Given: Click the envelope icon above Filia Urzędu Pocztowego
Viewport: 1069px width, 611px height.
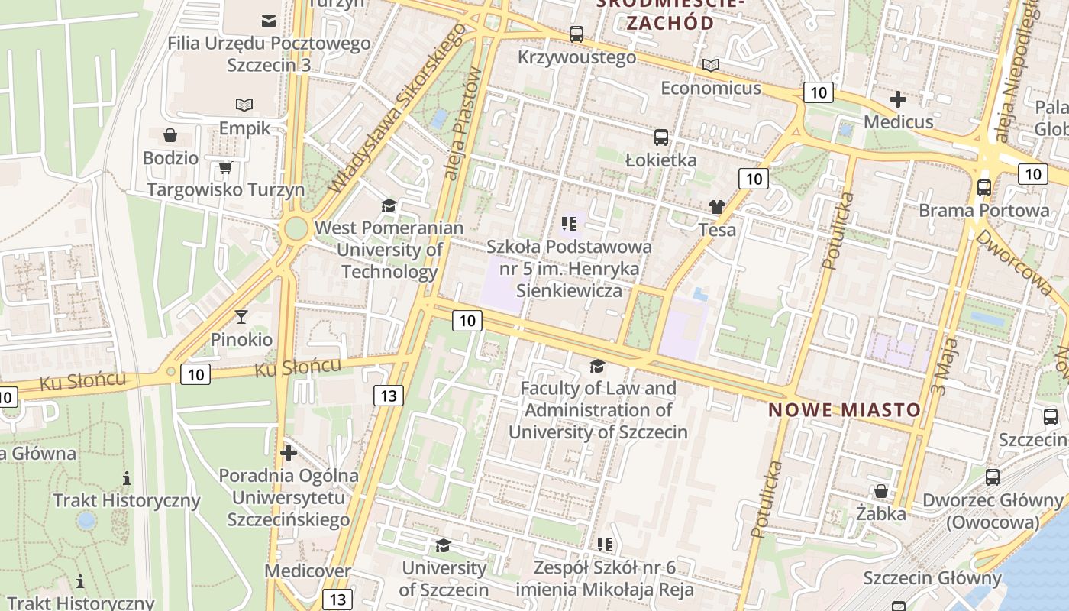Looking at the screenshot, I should pos(269,21).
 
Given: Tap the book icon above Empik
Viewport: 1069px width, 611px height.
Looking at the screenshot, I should pos(244,105).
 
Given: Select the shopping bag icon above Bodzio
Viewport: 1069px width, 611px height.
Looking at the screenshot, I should pos(170,135).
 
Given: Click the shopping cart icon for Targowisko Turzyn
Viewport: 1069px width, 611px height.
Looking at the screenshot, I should pos(225,167).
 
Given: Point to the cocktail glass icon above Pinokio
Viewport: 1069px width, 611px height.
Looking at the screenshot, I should pos(241,316).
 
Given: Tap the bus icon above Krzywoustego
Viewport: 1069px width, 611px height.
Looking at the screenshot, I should pos(576,34).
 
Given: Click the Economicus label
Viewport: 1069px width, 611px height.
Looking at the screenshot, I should pos(711,88).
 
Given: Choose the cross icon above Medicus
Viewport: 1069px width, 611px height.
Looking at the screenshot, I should pos(898,99).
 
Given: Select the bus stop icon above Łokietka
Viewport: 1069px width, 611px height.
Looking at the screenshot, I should pos(661,137).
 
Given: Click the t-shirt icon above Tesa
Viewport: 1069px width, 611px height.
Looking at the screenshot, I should pos(716,207).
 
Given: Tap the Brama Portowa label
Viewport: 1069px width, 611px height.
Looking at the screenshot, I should pos(983,210).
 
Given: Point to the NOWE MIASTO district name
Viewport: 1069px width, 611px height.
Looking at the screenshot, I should pos(845,410).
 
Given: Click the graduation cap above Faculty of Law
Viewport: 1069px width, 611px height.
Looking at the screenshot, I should pos(597,367).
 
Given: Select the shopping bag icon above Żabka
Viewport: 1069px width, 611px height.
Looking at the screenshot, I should pos(881,491).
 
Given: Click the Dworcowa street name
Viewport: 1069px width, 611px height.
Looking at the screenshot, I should pos(1013,263).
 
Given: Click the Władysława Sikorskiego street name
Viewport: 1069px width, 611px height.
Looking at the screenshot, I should pos(398,107).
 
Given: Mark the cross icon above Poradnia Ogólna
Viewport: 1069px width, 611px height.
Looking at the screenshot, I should pos(289,453).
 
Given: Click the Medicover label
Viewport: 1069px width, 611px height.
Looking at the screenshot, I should pos(308,571).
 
